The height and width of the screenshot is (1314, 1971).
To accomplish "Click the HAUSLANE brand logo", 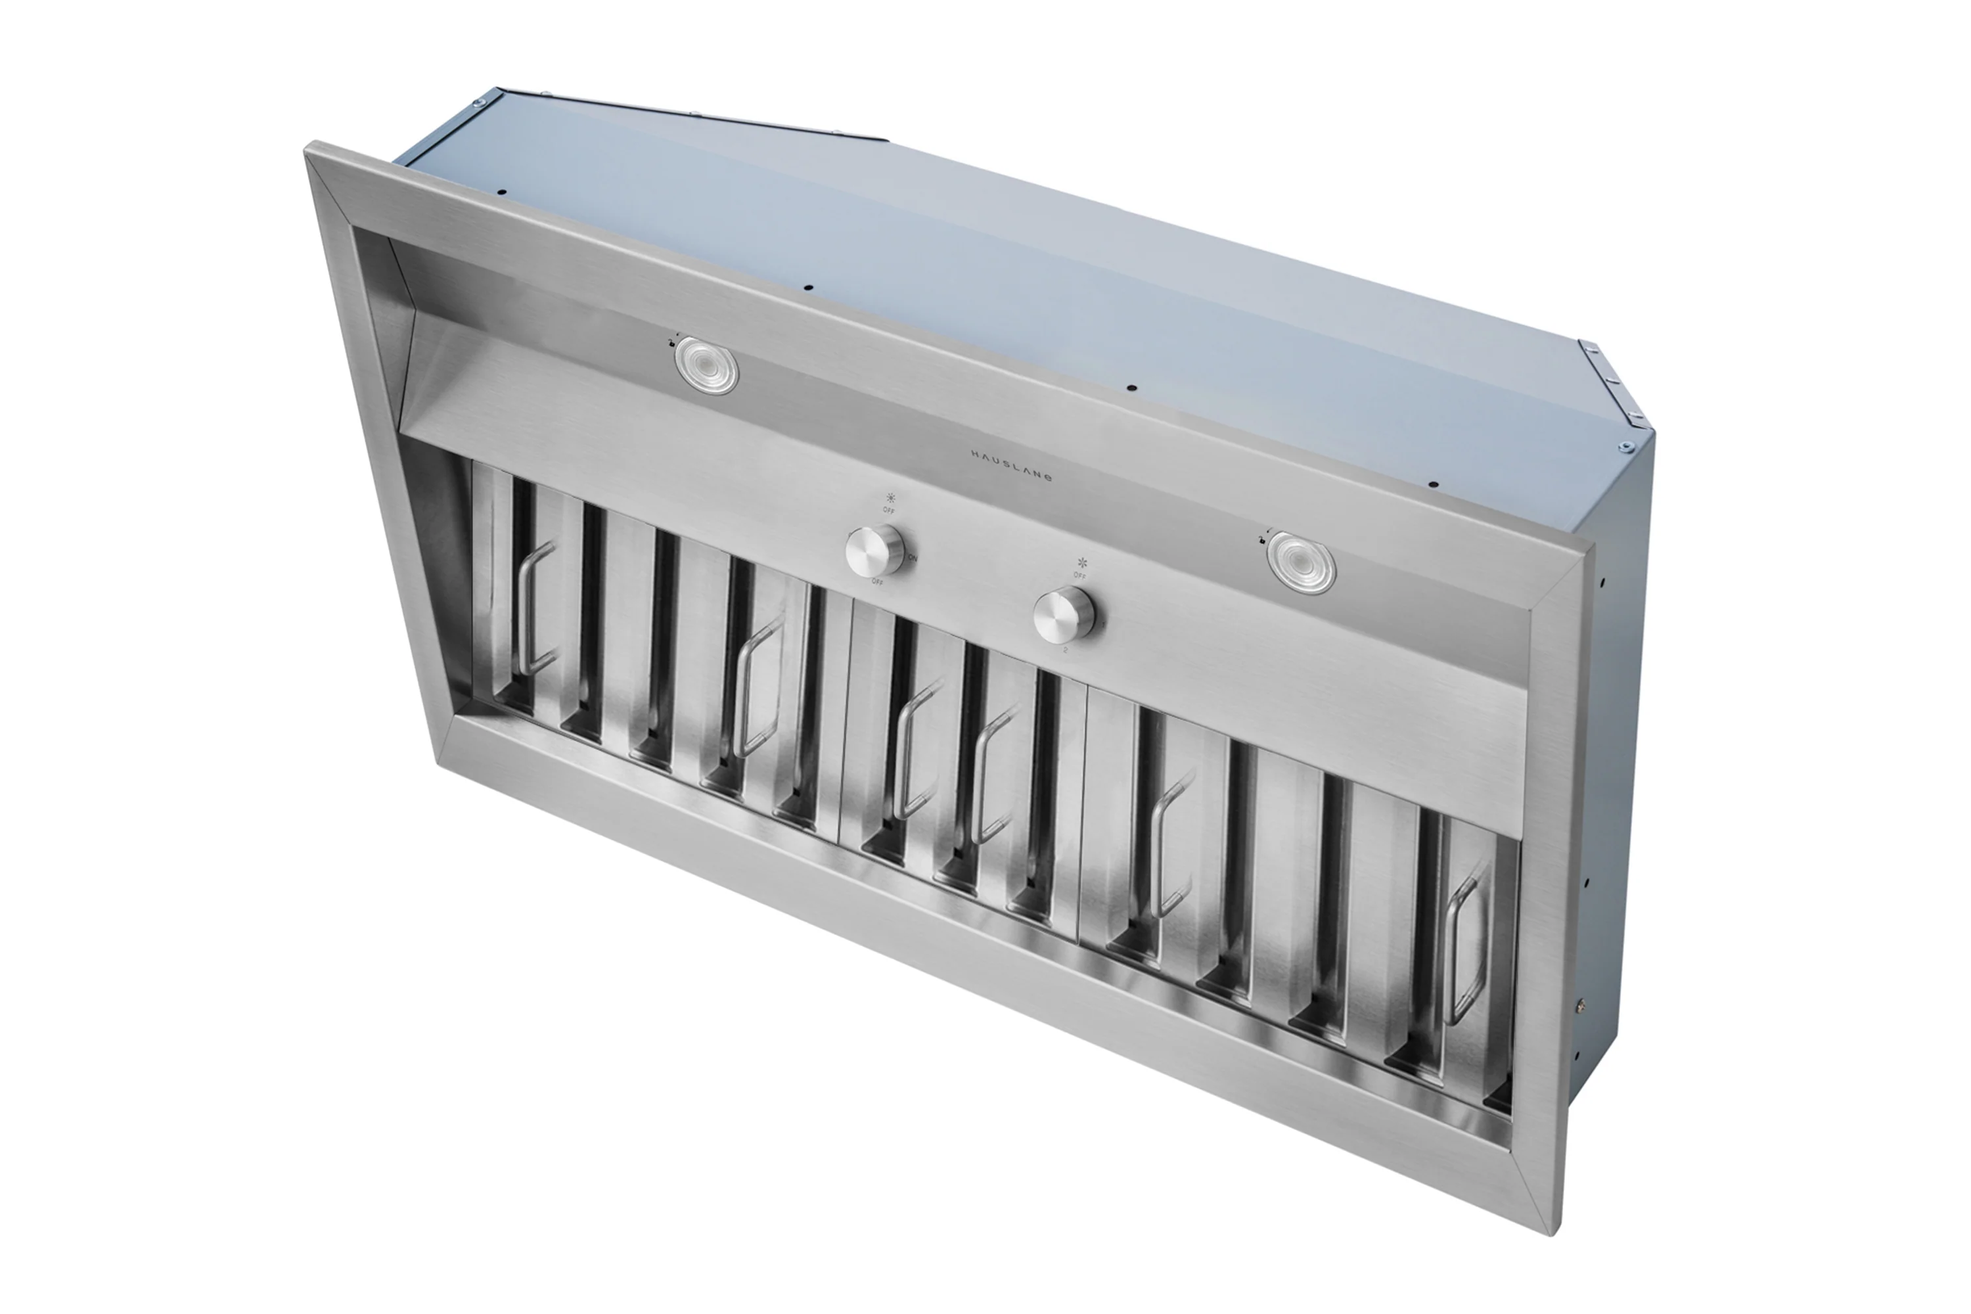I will (x=1010, y=465).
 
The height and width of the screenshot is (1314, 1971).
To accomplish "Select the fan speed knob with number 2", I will (x=1062, y=615).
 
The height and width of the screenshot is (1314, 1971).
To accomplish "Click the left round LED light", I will (x=706, y=365).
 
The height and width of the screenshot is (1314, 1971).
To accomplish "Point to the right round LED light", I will (x=1301, y=562).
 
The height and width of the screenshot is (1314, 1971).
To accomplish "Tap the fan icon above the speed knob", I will (x=1082, y=563).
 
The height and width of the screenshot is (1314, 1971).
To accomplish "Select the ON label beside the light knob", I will (x=913, y=558).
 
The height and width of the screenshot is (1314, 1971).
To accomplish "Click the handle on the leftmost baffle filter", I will (x=533, y=608).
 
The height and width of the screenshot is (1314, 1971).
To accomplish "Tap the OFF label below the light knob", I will (x=877, y=581).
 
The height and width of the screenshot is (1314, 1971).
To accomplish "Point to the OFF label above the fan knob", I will (x=1080, y=576).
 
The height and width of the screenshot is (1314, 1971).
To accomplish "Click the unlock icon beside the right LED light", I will (x=1263, y=539).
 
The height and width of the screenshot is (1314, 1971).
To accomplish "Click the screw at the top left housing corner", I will (x=477, y=104).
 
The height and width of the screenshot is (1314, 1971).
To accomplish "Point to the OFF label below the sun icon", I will (x=888, y=510).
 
